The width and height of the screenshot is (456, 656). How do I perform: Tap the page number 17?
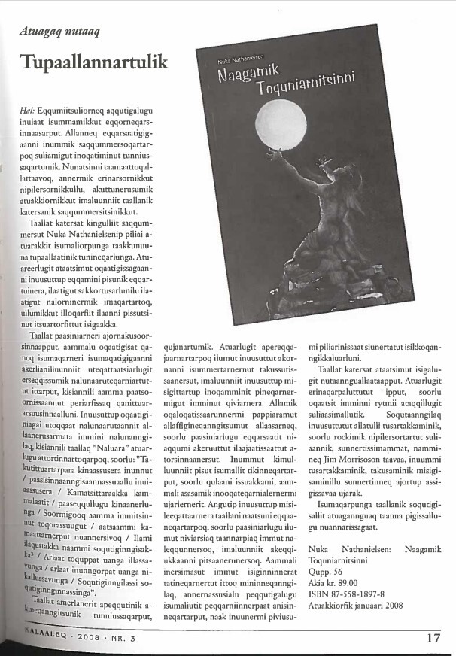(433, 640)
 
